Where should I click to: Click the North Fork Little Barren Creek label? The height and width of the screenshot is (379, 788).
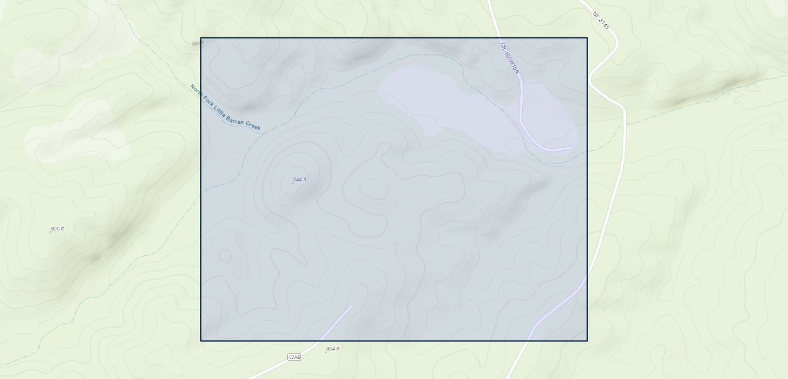click(x=225, y=108)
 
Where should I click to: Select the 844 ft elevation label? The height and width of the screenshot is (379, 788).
click(x=300, y=179)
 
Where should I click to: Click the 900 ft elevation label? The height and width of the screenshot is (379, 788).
click(x=57, y=229)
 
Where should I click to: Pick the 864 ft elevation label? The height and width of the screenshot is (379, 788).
click(x=333, y=349)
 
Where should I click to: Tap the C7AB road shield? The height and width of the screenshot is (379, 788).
click(x=294, y=358)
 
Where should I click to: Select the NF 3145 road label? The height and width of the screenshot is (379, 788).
click(x=601, y=21)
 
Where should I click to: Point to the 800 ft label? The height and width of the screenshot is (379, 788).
click(x=197, y=44)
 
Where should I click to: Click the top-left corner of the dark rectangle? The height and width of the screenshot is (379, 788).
click(x=201, y=38)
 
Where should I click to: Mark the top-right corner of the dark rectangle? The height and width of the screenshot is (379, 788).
click(x=587, y=38)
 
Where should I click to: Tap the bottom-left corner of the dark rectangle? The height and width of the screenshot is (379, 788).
click(x=201, y=340)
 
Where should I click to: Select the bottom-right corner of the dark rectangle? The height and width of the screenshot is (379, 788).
click(x=587, y=340)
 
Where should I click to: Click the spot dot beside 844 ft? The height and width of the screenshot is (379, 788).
click(x=293, y=183)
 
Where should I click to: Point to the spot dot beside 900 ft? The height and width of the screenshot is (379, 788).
click(x=51, y=232)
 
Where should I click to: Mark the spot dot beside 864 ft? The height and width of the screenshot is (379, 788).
click(x=326, y=352)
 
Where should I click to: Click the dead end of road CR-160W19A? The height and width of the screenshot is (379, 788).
click(x=572, y=148)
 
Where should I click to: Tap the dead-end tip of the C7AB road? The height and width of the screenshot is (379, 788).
click(x=352, y=306)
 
